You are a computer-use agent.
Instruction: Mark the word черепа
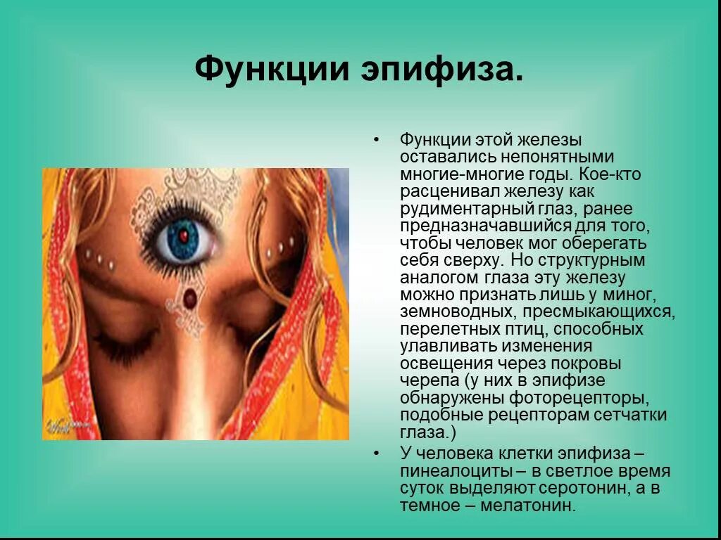[425, 381]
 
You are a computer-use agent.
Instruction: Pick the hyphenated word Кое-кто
[615, 174]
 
